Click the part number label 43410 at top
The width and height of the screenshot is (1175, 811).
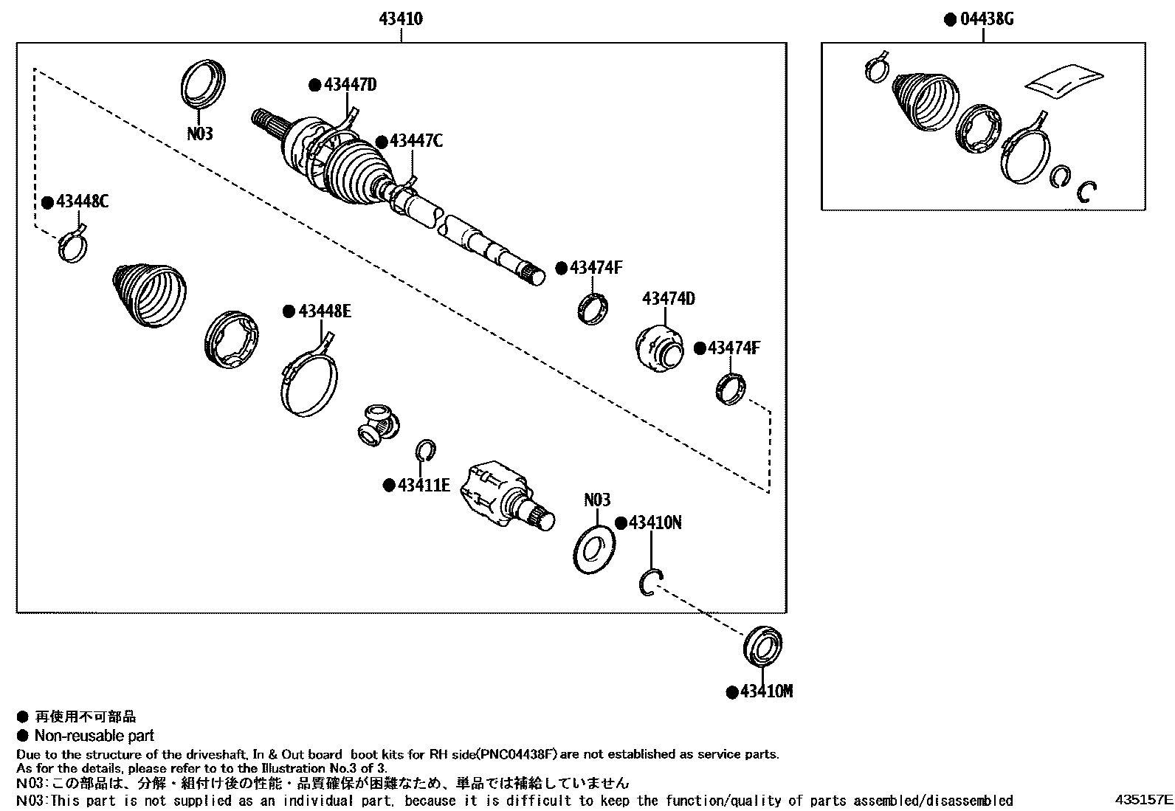pos(401,19)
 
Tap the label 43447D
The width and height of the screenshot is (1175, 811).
pos(350,85)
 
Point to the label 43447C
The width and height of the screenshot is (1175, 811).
pos(416,140)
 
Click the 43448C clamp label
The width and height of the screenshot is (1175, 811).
pos(82,201)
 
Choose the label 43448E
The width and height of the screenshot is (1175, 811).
pos(324,311)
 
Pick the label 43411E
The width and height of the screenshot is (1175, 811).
pos(424,485)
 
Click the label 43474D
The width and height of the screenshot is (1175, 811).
pos(668,299)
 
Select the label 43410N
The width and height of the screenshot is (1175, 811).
pos(655,522)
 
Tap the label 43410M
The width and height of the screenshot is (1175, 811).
pos(766,692)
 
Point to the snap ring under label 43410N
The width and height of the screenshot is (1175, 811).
pos(650,582)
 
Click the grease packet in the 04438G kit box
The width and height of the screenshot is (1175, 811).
pos(1064,80)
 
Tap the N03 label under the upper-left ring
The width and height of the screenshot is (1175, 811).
pos(199,134)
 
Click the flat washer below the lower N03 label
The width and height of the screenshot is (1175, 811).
pos(593,549)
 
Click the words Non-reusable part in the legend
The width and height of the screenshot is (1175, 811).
pos(94,736)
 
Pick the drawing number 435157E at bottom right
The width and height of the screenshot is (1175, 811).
pos(1143,799)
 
